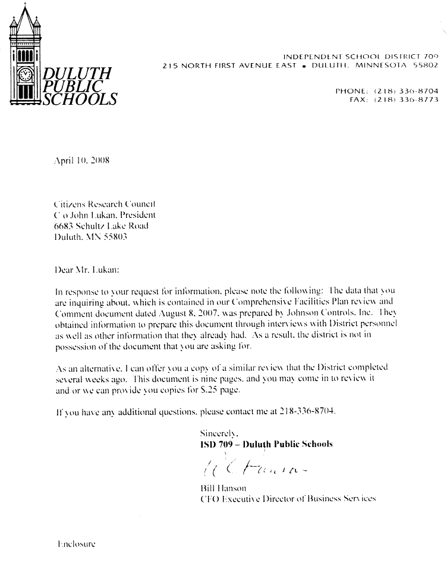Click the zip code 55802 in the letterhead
[426, 64]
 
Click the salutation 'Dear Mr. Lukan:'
[86, 270]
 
